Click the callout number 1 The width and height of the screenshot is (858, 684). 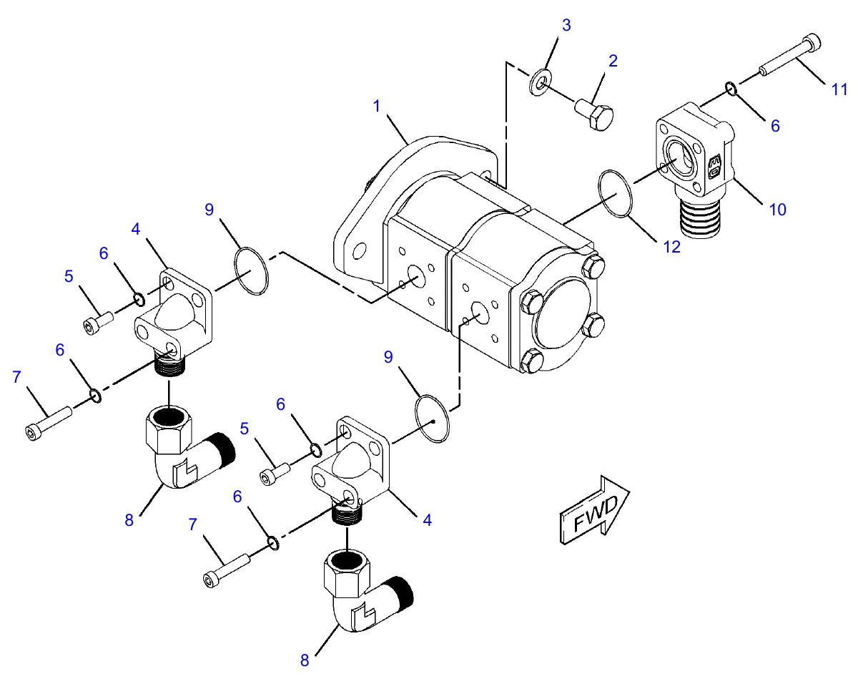376,106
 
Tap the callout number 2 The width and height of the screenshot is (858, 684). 613,61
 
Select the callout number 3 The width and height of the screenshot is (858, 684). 566,25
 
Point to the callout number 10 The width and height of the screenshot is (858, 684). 777,210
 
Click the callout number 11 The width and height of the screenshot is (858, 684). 839,89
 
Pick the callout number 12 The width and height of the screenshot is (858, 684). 672,247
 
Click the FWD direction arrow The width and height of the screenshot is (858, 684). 594,510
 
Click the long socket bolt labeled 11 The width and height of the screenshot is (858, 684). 790,55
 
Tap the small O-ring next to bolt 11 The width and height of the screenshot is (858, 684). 731,89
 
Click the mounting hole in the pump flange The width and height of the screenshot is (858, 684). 359,253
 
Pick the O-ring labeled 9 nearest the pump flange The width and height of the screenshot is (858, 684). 251,271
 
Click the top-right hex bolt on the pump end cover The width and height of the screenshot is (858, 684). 593,265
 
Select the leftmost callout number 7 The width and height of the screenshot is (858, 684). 16,377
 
